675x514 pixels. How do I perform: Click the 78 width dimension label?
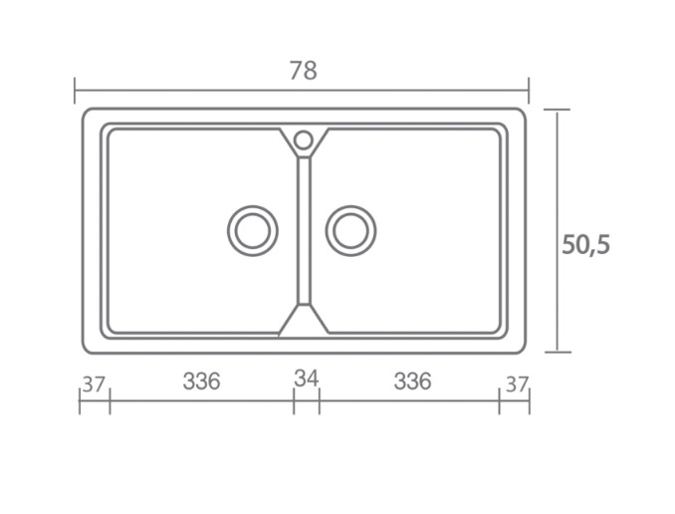tap(303, 71)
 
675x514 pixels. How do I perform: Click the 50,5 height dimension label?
tap(585, 245)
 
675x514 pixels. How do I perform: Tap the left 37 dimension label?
tap(94, 385)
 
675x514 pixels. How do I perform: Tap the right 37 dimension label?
tap(517, 385)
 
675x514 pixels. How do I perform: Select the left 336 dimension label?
tap(201, 382)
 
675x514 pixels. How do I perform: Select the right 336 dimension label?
tap(412, 382)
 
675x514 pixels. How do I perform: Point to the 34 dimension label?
tap(307, 379)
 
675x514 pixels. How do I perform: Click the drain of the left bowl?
tap(253, 231)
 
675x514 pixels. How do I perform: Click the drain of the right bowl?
tap(350, 231)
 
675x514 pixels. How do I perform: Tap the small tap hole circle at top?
tap(304, 140)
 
